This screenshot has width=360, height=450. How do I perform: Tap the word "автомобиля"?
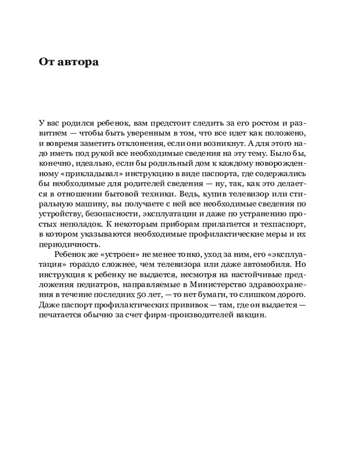tap(266, 265)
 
